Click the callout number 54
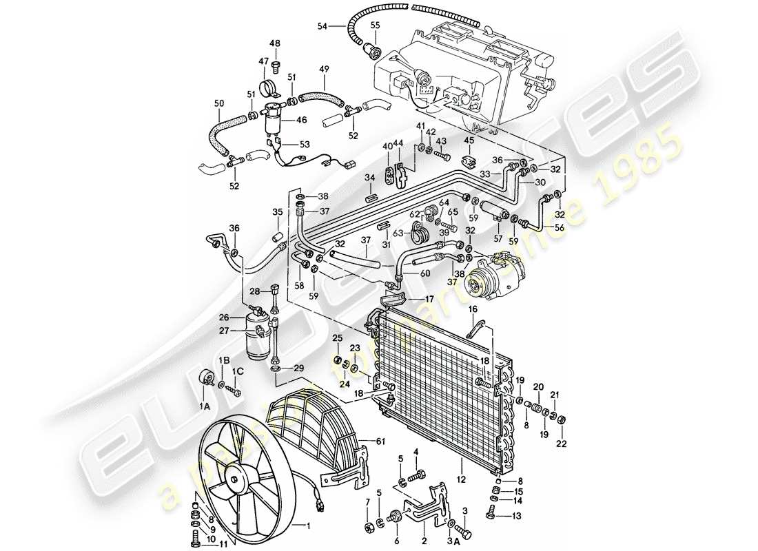point(322,26)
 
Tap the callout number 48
point(275,44)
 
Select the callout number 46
point(301,120)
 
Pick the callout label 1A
point(204,407)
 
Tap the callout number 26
point(223,318)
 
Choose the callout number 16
point(473,311)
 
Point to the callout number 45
point(469,142)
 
